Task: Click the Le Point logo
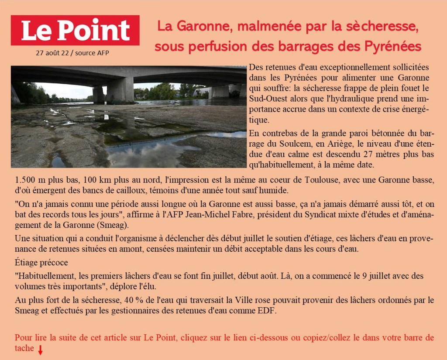(x=75, y=30)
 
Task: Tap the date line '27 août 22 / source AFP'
(x=72, y=53)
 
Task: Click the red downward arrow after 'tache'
(x=40, y=350)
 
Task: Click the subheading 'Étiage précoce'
(x=41, y=263)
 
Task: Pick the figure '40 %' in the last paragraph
(x=134, y=300)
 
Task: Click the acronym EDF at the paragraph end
(x=269, y=311)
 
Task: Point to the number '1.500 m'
(x=29, y=180)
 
